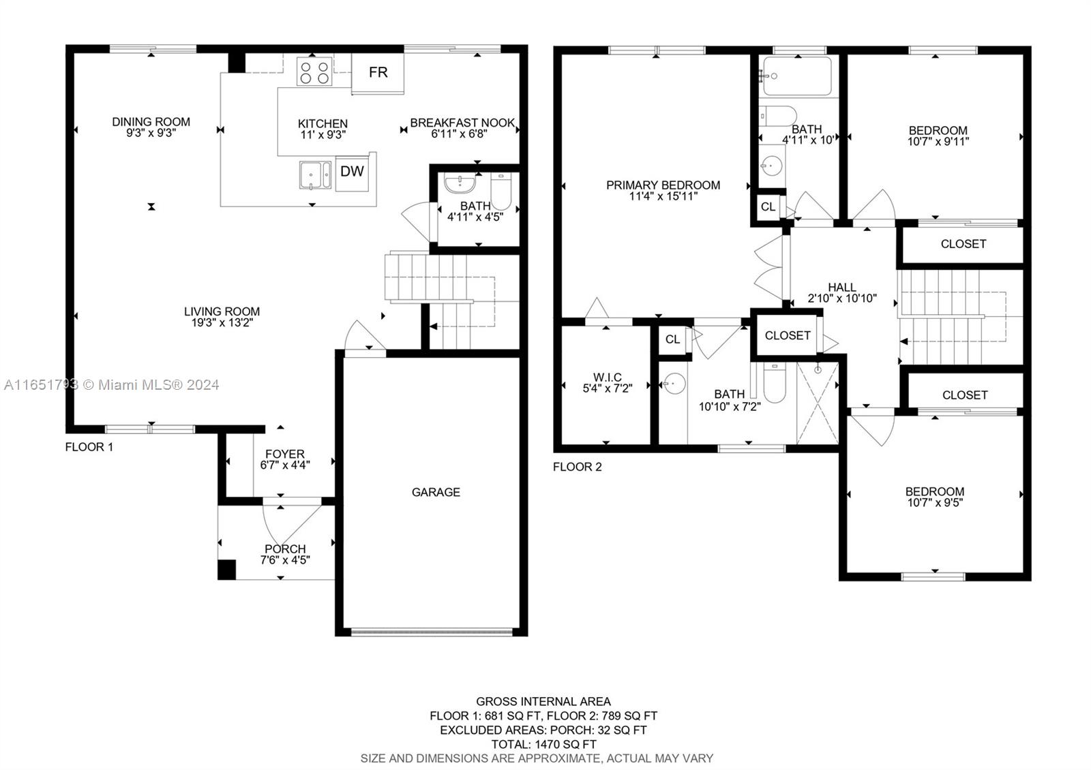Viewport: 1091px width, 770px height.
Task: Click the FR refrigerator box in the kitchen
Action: click(378, 73)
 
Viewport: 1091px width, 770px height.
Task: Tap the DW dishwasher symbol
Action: click(352, 172)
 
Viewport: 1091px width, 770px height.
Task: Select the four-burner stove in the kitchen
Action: click(314, 72)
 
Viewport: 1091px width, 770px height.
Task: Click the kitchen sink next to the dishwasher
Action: click(316, 175)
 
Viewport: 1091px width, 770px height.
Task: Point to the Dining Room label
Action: click(151, 122)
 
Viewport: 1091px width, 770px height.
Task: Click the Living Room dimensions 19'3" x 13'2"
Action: click(222, 323)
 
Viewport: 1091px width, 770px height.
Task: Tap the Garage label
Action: click(436, 492)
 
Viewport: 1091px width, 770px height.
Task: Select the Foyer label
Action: click(285, 454)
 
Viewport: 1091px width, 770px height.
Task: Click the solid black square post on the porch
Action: click(226, 570)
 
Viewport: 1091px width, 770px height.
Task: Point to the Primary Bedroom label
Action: click(663, 185)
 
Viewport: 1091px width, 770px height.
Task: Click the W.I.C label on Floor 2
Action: click(608, 378)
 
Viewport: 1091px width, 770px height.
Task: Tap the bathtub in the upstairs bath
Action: click(797, 76)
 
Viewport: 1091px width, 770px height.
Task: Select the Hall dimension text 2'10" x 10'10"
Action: click(842, 298)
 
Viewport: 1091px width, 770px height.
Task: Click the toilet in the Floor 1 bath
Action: click(500, 191)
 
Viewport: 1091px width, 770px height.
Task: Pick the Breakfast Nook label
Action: click(462, 123)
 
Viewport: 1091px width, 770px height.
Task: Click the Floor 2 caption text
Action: click(577, 467)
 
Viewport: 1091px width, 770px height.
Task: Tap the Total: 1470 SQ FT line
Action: click(543, 744)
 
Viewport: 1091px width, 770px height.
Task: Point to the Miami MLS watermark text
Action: click(112, 385)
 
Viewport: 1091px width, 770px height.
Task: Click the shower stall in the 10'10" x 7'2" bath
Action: click(818, 403)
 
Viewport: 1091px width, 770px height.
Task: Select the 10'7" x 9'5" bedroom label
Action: click(935, 503)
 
